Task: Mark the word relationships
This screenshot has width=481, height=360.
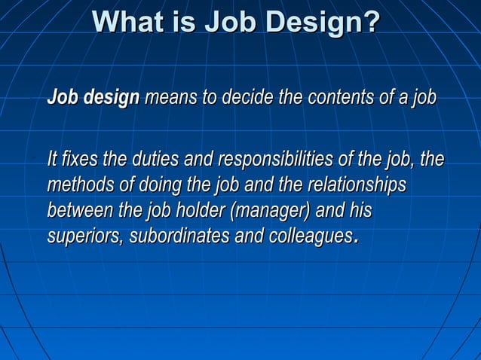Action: pyautogui.click(x=354, y=185)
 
